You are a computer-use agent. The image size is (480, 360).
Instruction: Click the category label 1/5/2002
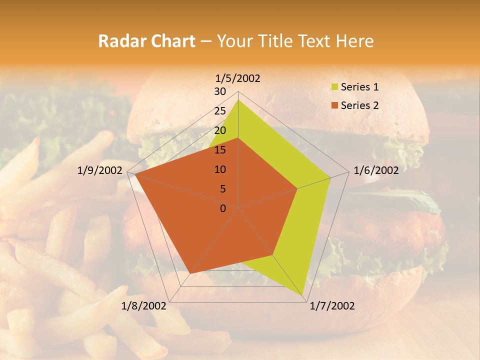tap(238, 78)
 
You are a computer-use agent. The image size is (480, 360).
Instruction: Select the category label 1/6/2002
tap(376, 170)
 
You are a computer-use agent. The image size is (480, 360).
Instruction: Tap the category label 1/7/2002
tap(332, 306)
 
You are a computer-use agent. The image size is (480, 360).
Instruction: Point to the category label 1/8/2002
tap(144, 306)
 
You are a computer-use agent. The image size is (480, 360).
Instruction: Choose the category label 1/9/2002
tap(100, 170)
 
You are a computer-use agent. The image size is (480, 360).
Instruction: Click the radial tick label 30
tap(220, 91)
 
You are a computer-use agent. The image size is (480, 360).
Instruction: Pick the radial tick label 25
tap(220, 111)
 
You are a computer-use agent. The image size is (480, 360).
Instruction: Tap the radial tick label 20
tap(220, 130)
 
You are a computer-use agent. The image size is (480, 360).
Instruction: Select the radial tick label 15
tap(220, 150)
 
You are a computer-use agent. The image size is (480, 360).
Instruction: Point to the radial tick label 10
tap(220, 169)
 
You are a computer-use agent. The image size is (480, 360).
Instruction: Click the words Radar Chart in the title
tap(146, 41)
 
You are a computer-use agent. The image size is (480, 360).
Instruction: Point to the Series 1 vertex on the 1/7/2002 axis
tap(304, 295)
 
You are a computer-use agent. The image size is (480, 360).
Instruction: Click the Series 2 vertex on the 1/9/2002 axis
tap(134, 174)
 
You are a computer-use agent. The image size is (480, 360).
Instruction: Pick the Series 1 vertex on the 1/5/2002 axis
tap(238, 99)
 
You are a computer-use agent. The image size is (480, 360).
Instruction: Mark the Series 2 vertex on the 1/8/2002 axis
tap(190, 273)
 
